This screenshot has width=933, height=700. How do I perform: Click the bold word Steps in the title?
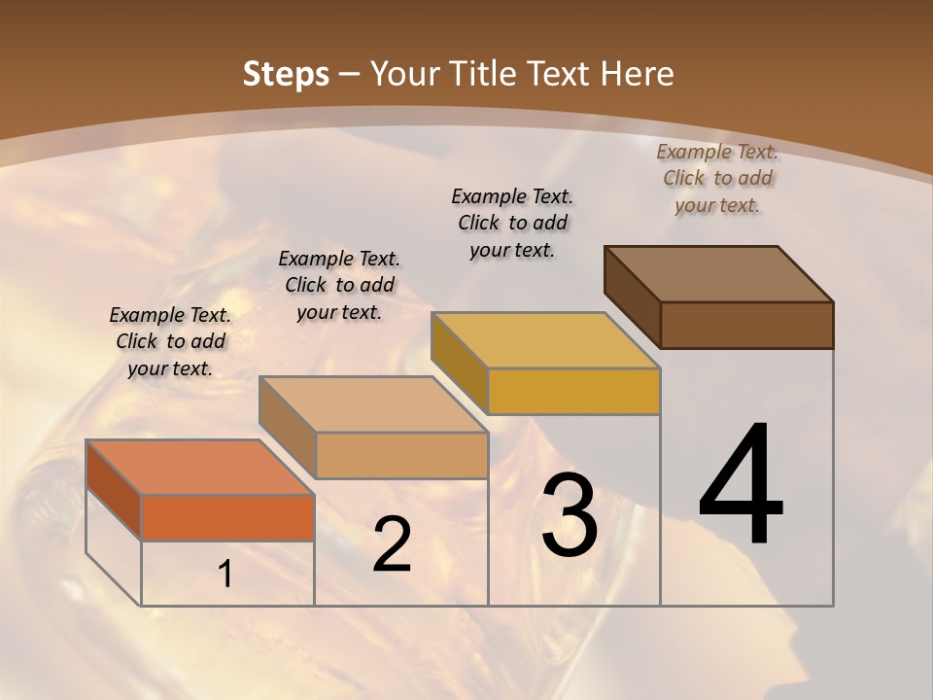pyautogui.click(x=286, y=74)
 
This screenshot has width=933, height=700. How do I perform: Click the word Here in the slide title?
pyautogui.click(x=638, y=74)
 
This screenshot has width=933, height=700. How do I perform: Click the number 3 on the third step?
pyautogui.click(x=570, y=515)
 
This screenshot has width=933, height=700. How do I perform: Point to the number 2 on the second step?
pyautogui.click(x=392, y=544)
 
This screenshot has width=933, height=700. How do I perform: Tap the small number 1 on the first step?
pyautogui.click(x=225, y=575)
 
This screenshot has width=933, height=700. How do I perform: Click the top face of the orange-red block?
pyautogui.click(x=199, y=467)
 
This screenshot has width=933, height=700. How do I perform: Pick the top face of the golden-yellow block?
pyautogui.click(x=545, y=340)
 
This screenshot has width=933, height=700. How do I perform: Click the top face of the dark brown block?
pyautogui.click(x=718, y=273)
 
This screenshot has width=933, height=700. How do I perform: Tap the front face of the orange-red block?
pyautogui.click(x=227, y=517)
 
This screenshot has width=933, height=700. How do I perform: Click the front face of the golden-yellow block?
pyautogui.click(x=573, y=391)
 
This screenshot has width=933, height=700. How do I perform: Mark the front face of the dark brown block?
pyautogui.click(x=746, y=325)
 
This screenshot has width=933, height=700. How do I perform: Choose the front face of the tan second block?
pyautogui.click(x=401, y=455)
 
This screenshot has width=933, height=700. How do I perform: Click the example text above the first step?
pyautogui.click(x=170, y=341)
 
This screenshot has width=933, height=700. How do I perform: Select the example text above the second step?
pyautogui.click(x=339, y=285)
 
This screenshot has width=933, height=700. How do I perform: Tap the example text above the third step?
pyautogui.click(x=512, y=223)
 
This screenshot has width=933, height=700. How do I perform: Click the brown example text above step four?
pyautogui.click(x=717, y=178)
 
